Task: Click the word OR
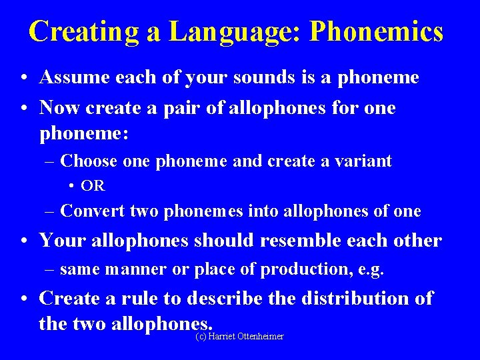click(95, 186)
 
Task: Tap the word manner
click(123, 269)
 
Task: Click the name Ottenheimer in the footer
click(259, 337)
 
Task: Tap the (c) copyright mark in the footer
click(201, 337)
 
